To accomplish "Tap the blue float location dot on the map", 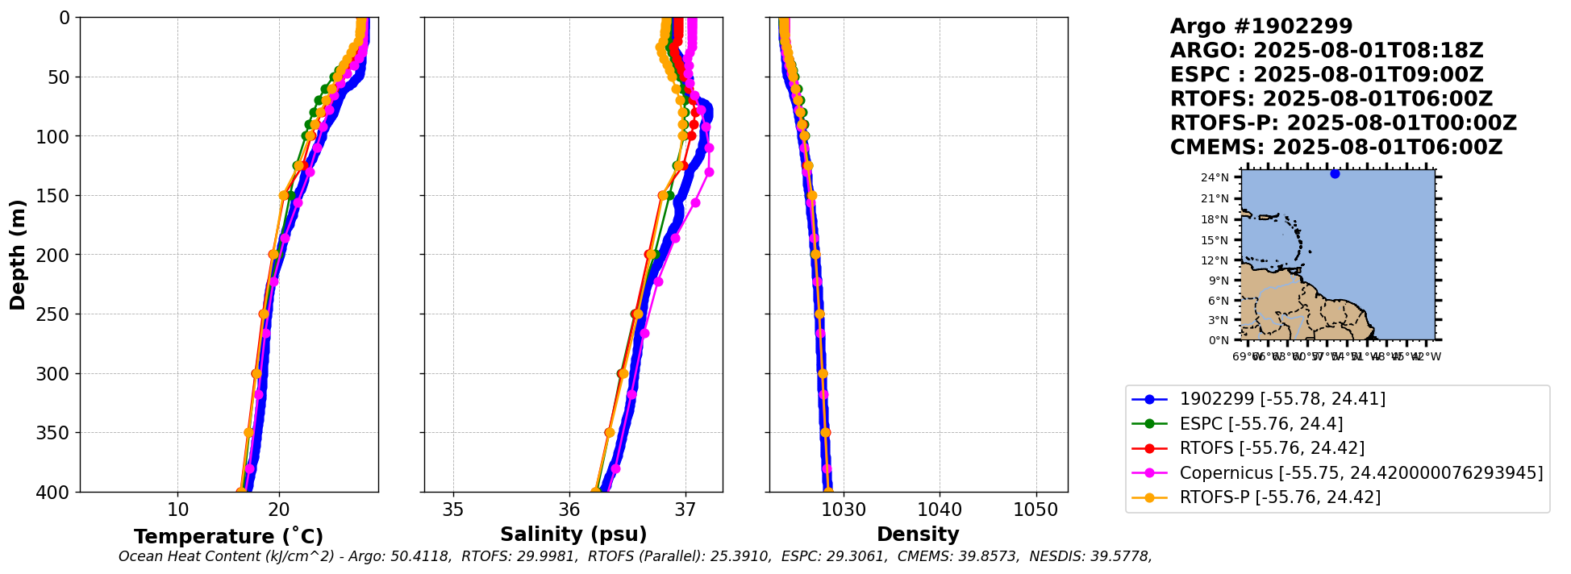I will pos(1335,173).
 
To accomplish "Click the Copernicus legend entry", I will pos(1361,472).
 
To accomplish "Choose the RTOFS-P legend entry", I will pos(1280,497).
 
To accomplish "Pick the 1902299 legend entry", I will pos(1282,398).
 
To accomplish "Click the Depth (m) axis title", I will pos(18,254).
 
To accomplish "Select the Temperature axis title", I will pos(228,536).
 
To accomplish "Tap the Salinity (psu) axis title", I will pos(573,534).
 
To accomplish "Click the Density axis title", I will pos(918,534).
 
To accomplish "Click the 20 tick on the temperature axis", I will pos(279,510).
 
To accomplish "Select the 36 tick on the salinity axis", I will pos(569,510).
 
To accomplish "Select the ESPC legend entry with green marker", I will pos(1261,423).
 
